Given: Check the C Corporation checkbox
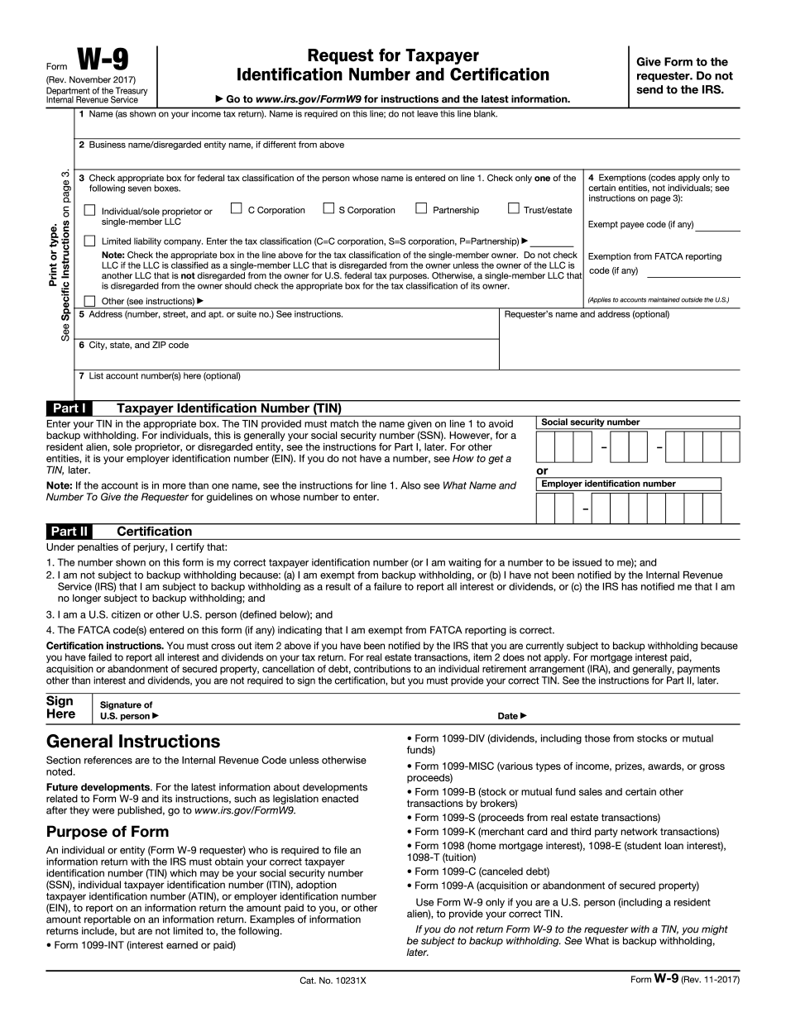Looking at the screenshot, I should [237, 209].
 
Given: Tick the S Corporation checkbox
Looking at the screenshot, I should [328, 209].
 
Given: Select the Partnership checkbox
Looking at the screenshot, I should [421, 209].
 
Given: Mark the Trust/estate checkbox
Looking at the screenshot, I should [513, 209].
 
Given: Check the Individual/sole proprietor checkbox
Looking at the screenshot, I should [90, 212].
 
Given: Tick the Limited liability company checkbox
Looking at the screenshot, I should [90, 241].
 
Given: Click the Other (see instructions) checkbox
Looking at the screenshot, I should [90, 301].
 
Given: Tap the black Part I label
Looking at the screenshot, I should [69, 408].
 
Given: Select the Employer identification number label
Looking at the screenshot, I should [608, 484].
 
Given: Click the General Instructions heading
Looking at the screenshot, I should [133, 742].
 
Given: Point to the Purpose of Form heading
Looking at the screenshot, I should [107, 831].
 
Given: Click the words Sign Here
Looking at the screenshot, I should [60, 708].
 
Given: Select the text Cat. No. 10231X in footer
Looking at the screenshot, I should [333, 981].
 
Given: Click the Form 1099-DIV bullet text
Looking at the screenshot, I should [559, 744].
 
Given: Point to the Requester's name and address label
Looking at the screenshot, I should [587, 314].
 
